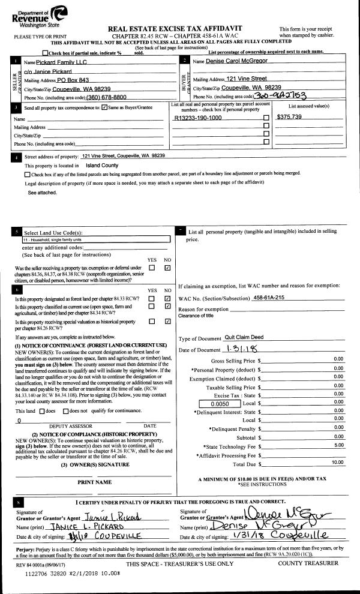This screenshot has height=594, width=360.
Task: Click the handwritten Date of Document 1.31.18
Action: click(x=241, y=349)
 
